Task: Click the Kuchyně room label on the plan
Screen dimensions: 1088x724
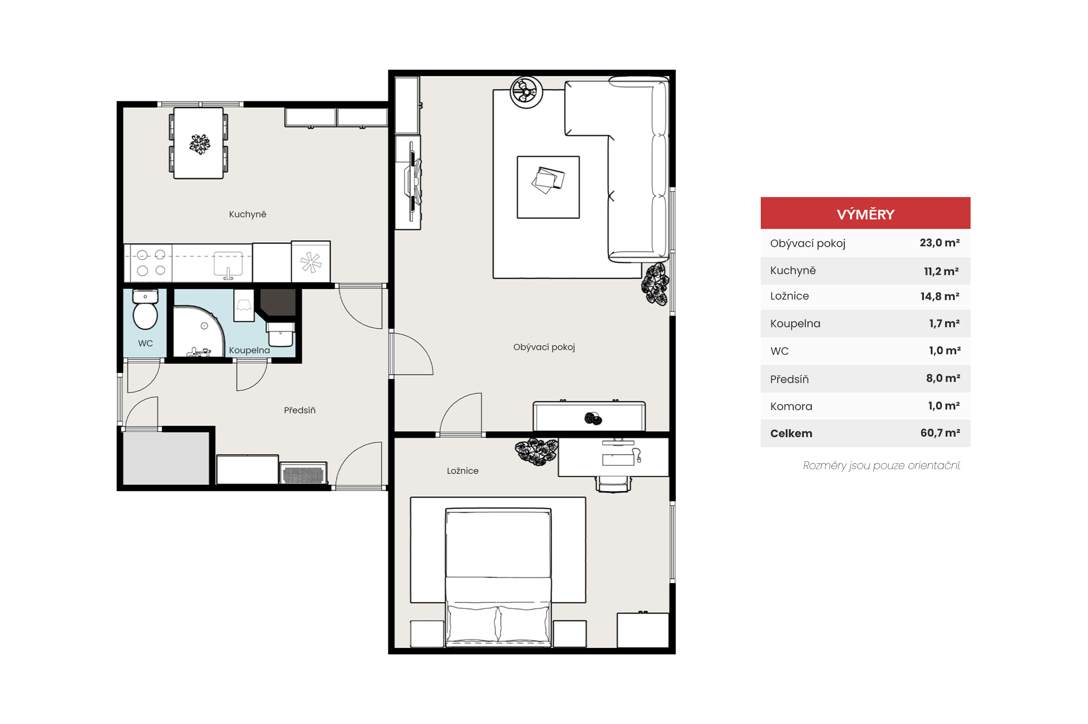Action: click(x=248, y=214)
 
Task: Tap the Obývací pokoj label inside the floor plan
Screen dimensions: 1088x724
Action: click(x=544, y=347)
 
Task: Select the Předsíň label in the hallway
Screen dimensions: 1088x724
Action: click(x=300, y=410)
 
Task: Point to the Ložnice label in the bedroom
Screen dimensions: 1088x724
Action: click(x=463, y=471)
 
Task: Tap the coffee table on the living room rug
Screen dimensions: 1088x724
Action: click(x=548, y=187)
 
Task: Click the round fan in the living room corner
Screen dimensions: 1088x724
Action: click(x=526, y=92)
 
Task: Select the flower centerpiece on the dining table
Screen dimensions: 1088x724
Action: click(x=200, y=144)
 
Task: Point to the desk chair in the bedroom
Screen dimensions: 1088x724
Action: click(x=614, y=484)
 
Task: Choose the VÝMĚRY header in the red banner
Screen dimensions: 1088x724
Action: click(x=865, y=215)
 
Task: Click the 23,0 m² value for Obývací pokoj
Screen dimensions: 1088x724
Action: click(x=939, y=243)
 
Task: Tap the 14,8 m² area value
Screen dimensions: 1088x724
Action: click(x=940, y=296)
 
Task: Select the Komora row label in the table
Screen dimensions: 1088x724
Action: click(x=791, y=406)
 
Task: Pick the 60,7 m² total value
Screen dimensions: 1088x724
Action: click(x=940, y=433)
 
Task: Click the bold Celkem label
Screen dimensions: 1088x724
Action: click(x=791, y=433)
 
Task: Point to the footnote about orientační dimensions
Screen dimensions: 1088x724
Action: click(x=881, y=466)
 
